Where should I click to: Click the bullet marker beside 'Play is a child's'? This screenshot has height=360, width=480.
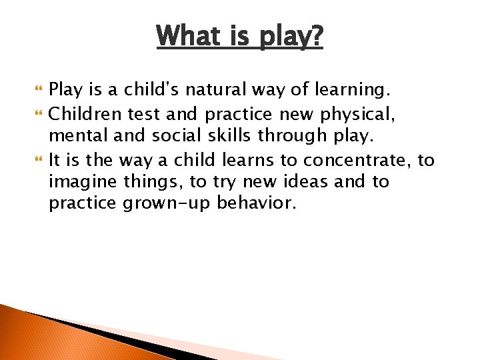point(36,89)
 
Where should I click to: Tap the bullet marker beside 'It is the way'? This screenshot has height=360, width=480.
point(36,161)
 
